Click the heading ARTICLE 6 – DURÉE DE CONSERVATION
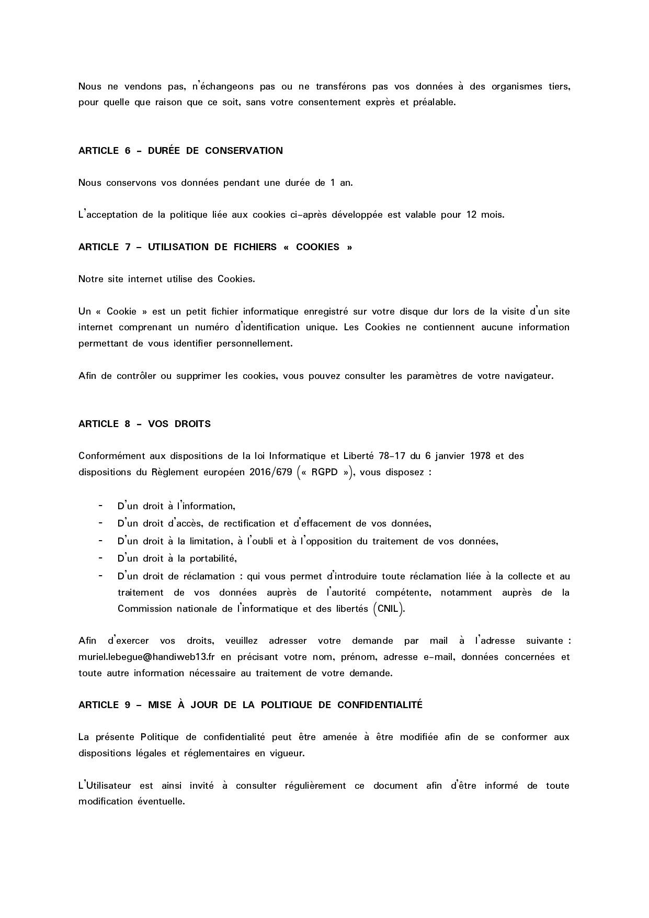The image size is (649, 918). coord(180,151)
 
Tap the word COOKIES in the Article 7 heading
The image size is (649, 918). coord(317,247)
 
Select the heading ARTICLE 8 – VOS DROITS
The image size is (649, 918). coord(144,424)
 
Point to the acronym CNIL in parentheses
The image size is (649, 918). coord(388,609)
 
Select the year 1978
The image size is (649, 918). coord(480,456)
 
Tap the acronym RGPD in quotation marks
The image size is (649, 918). coord(324,472)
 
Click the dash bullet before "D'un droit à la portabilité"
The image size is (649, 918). coord(100,558)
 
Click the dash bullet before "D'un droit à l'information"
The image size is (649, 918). coord(100,506)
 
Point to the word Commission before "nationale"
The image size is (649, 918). coord(141,609)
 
